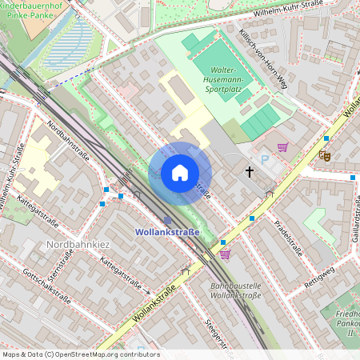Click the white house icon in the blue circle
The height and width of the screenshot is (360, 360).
(180, 173)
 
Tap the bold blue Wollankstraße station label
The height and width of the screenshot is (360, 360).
(166, 232)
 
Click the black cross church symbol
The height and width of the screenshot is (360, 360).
(249, 171)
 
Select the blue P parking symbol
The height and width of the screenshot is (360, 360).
(266, 160)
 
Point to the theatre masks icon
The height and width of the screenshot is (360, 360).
(324, 156)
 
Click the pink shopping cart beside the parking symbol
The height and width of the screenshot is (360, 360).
(282, 147)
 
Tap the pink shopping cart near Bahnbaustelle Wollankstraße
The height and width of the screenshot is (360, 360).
(225, 254)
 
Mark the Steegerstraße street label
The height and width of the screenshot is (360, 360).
(220, 336)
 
